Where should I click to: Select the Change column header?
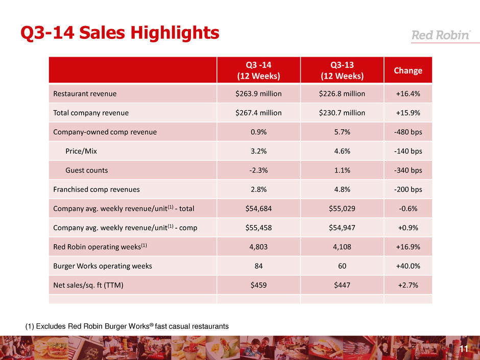(407, 70)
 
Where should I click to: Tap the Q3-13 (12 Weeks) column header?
(342, 70)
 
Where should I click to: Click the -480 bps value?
(407, 132)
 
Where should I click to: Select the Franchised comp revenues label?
(97, 189)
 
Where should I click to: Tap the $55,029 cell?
(342, 209)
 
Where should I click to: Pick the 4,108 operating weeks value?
(342, 247)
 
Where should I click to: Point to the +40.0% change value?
(407, 266)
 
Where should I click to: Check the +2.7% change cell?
(407, 285)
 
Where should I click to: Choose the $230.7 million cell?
(342, 113)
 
